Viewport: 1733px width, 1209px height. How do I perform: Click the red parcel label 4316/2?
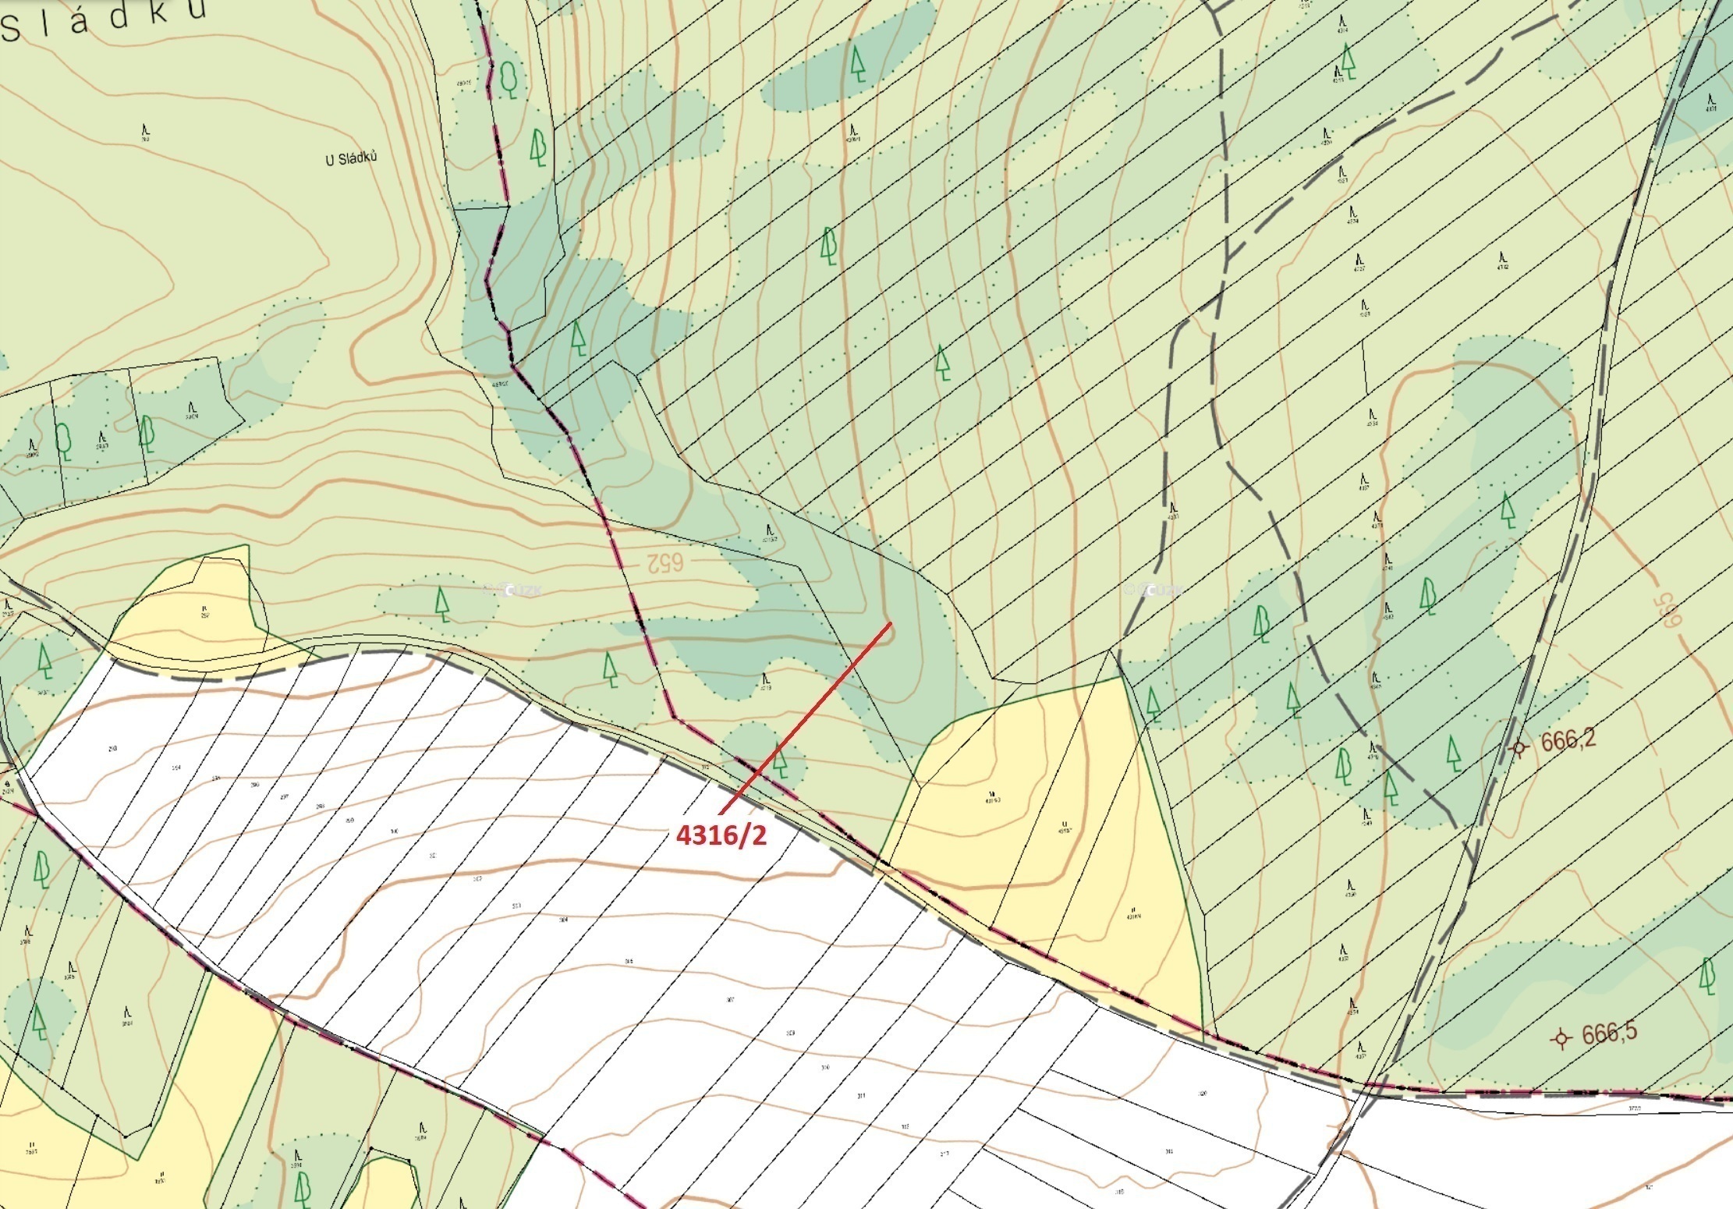721,835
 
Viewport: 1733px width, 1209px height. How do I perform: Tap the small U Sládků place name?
351,158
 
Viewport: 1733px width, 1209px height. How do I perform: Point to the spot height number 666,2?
1568,740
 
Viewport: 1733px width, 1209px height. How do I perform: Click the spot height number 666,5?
1610,1034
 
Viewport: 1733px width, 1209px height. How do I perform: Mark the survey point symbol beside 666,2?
1518,748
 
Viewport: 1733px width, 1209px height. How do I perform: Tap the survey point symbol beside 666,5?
1561,1039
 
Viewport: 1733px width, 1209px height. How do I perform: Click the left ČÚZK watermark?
512,590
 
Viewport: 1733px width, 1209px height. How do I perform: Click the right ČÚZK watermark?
1154,590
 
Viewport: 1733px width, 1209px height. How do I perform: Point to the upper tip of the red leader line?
891,624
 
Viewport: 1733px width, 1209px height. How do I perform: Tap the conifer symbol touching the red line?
780,762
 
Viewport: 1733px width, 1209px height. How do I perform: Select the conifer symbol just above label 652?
442,604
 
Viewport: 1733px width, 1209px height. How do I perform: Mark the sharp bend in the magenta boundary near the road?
675,718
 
